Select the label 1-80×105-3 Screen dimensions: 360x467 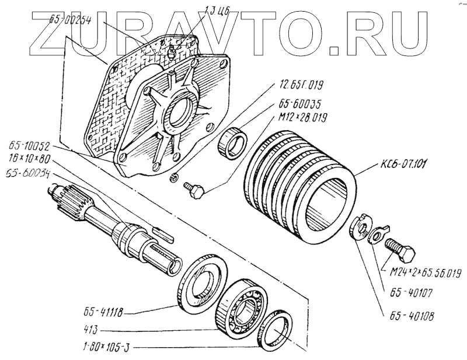pyautogui.click(x=104, y=348)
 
